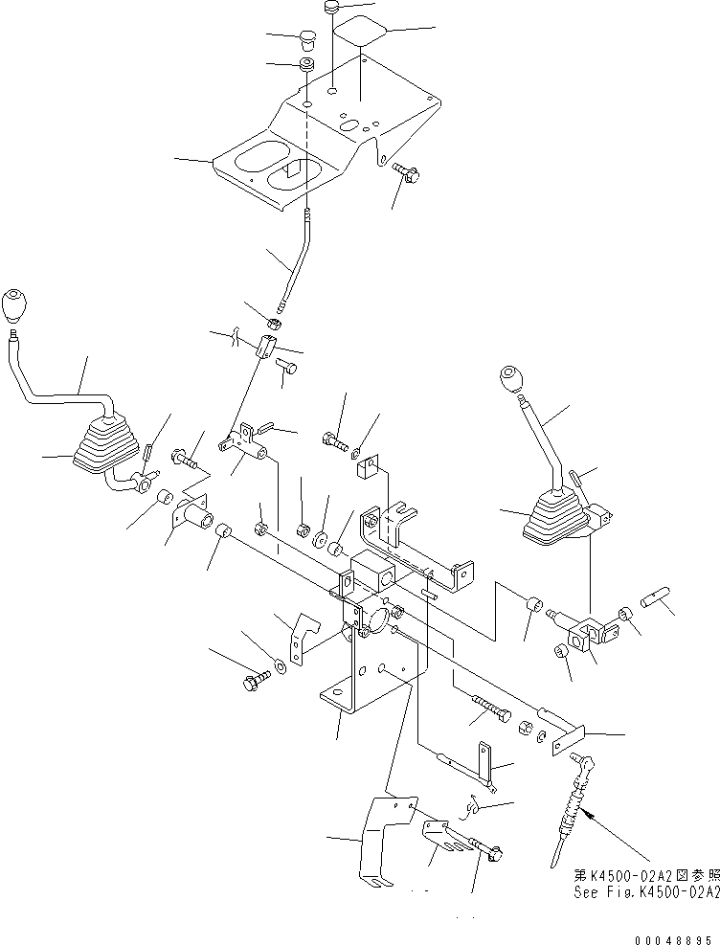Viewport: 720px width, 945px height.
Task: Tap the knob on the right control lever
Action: pyautogui.click(x=510, y=379)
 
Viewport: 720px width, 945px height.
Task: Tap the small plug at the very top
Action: pyautogui.click(x=332, y=8)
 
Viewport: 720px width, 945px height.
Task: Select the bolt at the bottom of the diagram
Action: pyautogui.click(x=487, y=847)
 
